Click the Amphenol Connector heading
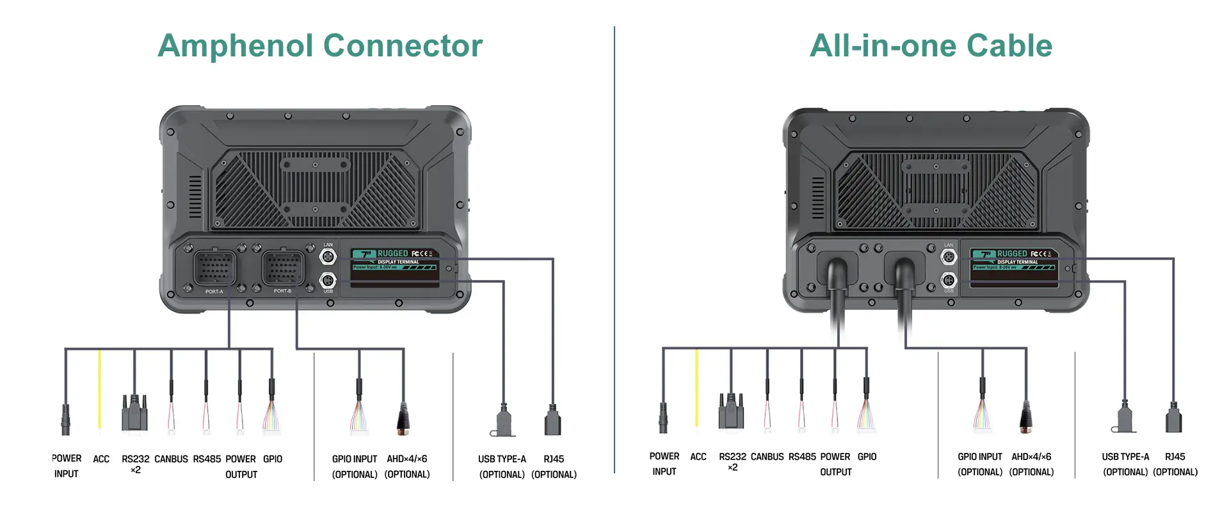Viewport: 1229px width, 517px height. click(x=320, y=46)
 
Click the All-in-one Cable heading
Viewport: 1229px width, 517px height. click(x=931, y=46)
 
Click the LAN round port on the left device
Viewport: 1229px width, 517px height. click(x=328, y=257)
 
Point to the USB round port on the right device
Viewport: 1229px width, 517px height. click(x=948, y=280)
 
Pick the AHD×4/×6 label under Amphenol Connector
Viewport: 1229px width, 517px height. click(x=407, y=459)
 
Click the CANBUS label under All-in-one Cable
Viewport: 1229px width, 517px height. click(x=767, y=457)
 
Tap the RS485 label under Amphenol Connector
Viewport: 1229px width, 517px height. click(x=207, y=459)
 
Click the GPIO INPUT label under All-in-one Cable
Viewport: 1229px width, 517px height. click(x=979, y=457)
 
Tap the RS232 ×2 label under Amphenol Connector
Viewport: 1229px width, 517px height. click(x=135, y=464)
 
